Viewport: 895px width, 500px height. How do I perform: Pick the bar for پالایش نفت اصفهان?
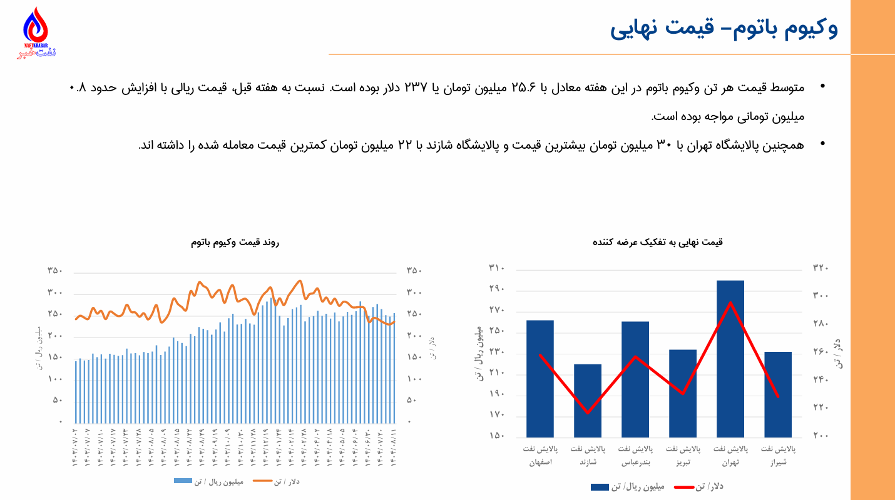[540, 378]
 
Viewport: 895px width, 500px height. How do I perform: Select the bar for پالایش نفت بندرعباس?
[635, 379]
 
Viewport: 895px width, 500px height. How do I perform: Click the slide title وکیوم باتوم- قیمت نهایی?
[724, 28]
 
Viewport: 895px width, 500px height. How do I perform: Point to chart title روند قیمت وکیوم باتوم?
[235, 242]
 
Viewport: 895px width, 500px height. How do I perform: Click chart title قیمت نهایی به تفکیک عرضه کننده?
[657, 241]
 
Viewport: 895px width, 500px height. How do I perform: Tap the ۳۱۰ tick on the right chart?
[497, 269]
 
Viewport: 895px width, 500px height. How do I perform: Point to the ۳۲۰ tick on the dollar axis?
[821, 269]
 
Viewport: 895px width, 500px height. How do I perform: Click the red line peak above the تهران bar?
[730, 303]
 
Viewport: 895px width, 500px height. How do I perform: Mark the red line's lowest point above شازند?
[588, 413]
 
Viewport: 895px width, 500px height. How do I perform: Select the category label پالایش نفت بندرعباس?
[635, 456]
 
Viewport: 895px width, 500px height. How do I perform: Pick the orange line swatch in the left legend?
[263, 481]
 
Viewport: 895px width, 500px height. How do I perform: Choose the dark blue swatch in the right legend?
[600, 486]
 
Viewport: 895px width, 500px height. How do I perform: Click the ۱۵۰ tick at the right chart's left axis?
[497, 436]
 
